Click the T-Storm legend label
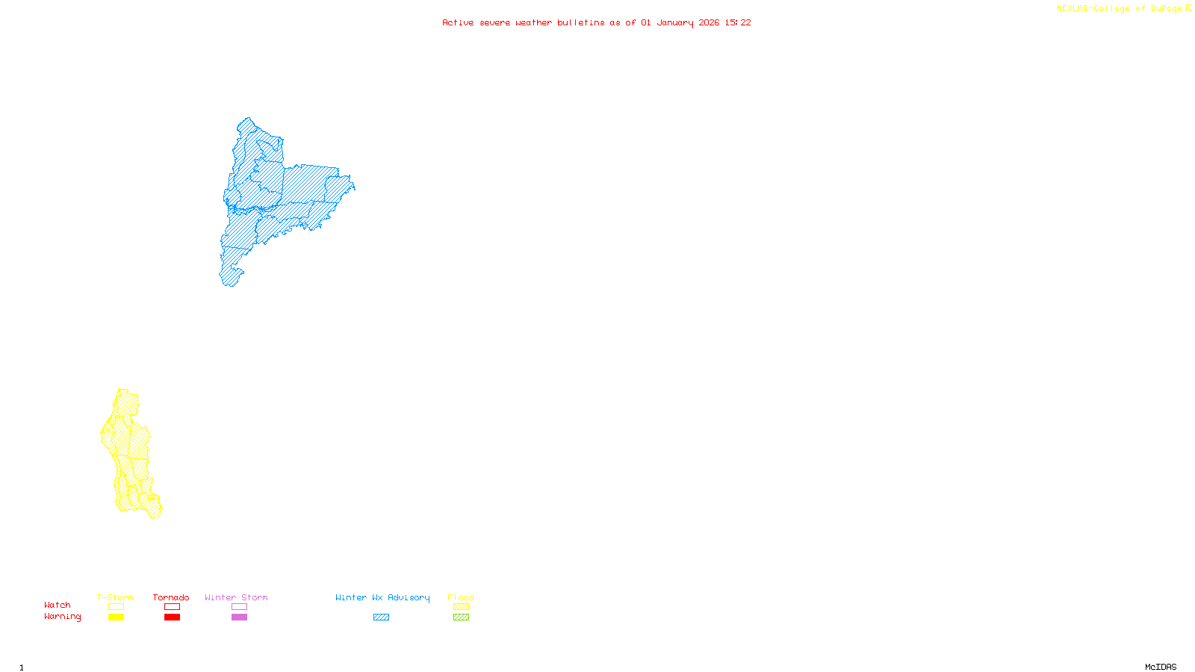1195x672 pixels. click(x=115, y=597)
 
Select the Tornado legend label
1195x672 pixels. click(x=171, y=597)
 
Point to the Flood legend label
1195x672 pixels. click(x=461, y=597)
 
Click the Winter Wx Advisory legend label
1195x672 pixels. click(x=382, y=597)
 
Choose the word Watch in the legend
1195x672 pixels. click(x=58, y=605)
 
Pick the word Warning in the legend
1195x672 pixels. click(x=62, y=617)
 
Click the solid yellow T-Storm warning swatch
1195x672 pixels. click(x=116, y=617)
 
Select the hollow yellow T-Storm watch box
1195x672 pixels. click(x=116, y=607)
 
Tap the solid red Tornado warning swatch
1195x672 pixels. click(x=172, y=617)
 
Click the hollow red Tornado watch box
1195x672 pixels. click(x=172, y=607)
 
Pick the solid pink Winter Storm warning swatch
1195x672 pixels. click(x=239, y=617)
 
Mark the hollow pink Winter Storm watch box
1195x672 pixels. click(x=239, y=607)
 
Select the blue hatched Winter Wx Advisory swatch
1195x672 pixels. click(x=381, y=617)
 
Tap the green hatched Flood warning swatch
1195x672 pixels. click(x=461, y=617)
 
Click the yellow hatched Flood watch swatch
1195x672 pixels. click(x=461, y=607)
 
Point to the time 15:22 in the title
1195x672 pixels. click(x=738, y=22)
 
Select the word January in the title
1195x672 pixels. click(x=675, y=22)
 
